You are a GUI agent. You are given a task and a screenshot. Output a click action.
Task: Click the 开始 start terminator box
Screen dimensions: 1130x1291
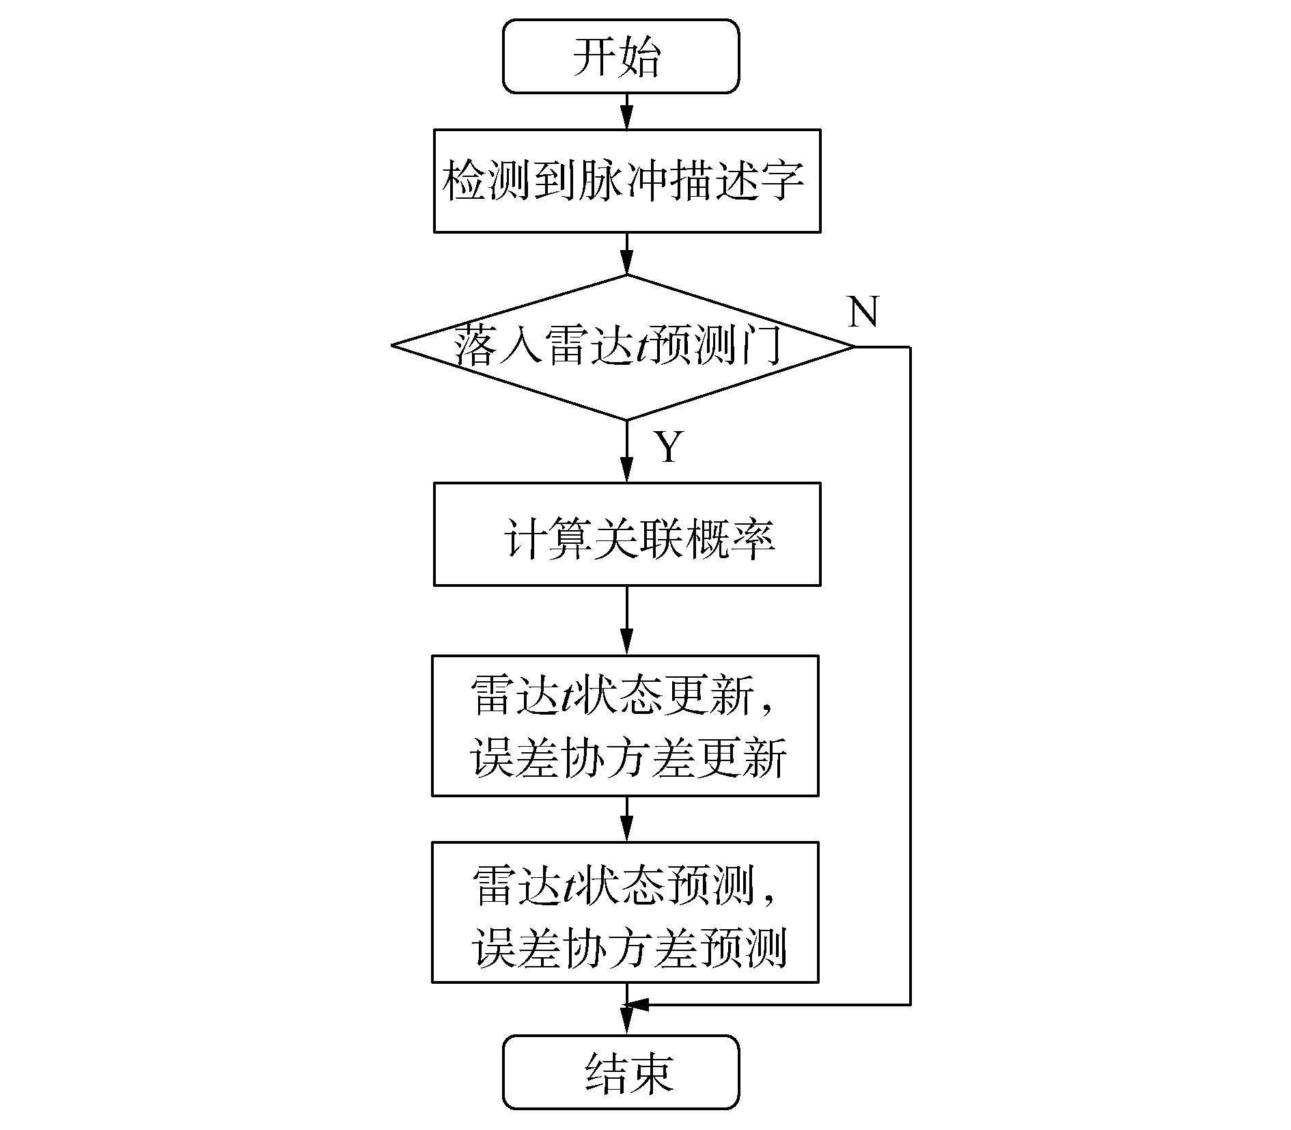coord(621,56)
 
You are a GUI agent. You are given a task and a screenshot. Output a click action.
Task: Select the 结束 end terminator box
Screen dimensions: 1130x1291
coord(621,1072)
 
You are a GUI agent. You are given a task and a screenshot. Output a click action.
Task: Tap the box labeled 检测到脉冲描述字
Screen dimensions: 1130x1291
coord(627,181)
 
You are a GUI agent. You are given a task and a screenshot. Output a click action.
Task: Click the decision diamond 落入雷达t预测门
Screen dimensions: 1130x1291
coord(622,347)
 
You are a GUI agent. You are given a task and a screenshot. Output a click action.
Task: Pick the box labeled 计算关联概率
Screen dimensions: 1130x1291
coord(627,534)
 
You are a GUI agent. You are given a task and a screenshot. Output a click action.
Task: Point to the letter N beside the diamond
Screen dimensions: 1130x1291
coord(863,312)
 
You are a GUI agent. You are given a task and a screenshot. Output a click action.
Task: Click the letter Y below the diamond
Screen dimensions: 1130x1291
coord(669,447)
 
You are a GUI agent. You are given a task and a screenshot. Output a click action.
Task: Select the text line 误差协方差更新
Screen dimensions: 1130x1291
coord(627,758)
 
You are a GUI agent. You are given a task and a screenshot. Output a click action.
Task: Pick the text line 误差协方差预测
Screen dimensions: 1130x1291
coord(628,948)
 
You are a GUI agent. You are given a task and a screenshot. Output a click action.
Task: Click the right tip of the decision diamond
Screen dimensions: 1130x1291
coord(852,347)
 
